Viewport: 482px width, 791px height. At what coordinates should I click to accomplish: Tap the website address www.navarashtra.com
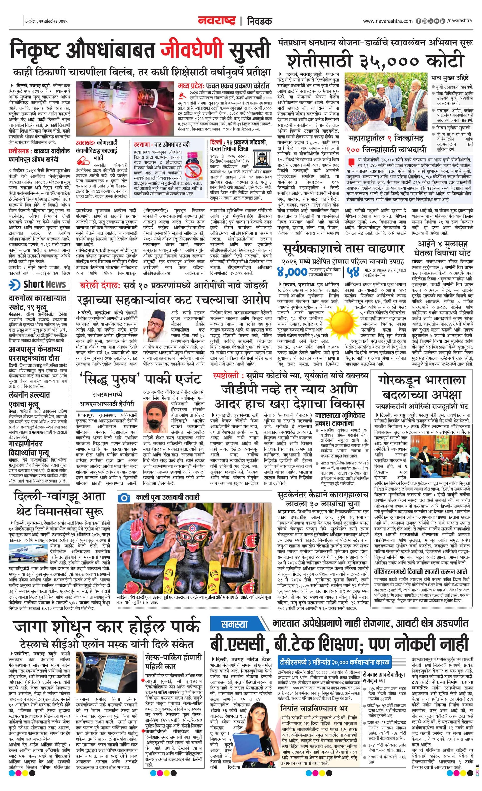tap(388, 21)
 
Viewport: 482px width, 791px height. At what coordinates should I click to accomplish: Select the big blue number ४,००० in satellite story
tap(292, 272)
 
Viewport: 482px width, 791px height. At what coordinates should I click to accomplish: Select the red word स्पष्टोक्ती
tap(226, 375)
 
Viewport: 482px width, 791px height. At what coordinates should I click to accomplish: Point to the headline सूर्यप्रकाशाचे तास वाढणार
tap(344, 248)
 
